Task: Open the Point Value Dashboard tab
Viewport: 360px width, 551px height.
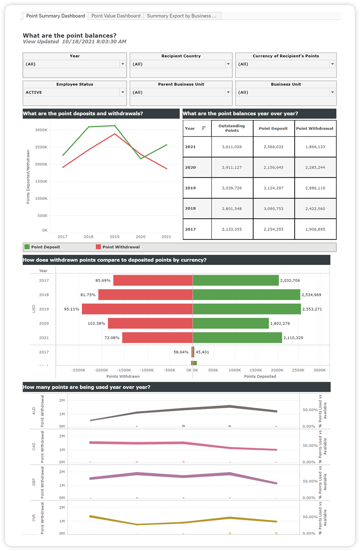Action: click(116, 16)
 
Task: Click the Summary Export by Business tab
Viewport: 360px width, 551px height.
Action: click(182, 16)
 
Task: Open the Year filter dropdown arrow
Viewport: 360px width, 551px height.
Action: click(123, 64)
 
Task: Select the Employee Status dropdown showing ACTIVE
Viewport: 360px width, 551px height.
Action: click(75, 92)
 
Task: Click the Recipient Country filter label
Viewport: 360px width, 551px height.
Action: click(181, 56)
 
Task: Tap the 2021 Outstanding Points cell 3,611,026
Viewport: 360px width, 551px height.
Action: click(232, 147)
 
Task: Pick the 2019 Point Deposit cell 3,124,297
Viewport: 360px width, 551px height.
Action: click(273, 188)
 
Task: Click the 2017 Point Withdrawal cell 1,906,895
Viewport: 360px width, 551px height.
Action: click(315, 229)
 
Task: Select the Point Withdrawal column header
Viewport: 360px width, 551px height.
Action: click(315, 128)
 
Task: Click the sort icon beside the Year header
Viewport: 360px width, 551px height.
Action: click(203, 128)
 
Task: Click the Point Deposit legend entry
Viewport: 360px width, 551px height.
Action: click(42, 247)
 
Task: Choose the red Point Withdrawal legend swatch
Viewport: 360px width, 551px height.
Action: click(98, 247)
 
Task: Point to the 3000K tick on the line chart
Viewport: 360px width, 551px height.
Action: click(41, 130)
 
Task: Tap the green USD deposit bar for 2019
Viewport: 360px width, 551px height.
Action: click(247, 309)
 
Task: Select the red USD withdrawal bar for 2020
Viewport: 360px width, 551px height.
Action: click(150, 323)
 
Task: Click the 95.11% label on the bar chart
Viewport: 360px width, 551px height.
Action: click(72, 309)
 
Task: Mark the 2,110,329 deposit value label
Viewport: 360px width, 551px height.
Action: click(293, 338)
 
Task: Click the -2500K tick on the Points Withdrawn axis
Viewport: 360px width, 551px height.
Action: click(78, 370)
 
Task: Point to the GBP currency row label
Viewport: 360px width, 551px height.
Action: click(34, 482)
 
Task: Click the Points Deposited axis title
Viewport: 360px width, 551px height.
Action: click(260, 376)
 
